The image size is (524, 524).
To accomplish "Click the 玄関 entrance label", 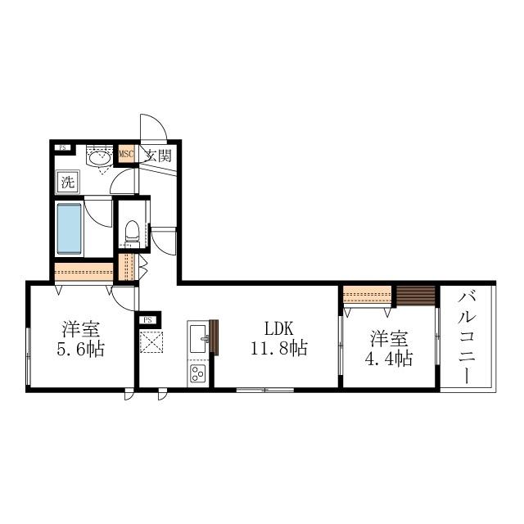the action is (x=159, y=155).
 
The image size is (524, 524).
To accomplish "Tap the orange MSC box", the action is (x=127, y=154).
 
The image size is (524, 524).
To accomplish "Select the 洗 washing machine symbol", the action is (x=68, y=182).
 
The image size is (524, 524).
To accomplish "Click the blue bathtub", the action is (x=69, y=229).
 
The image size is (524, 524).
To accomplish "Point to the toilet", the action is (x=132, y=231).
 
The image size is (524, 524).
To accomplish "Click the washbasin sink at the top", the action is (x=99, y=158).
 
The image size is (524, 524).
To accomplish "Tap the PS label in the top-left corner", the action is (x=62, y=147).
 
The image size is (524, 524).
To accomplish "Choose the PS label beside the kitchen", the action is (x=147, y=320).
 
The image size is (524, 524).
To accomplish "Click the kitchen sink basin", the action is (x=198, y=338).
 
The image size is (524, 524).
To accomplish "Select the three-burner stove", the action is (x=198, y=373).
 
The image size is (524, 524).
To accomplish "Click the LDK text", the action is (x=279, y=328).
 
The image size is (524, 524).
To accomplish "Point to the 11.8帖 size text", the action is (x=279, y=349).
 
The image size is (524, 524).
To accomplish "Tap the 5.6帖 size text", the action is (x=80, y=350).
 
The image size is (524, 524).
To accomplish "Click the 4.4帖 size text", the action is (x=388, y=359).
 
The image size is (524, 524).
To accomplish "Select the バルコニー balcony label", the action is (x=467, y=337).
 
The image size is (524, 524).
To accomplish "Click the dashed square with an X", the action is (x=151, y=342).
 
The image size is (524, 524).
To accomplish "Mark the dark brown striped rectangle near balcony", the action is (x=416, y=296).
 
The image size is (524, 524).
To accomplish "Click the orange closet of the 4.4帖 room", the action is (x=367, y=295).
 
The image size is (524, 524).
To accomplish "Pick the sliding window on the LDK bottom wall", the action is (x=265, y=390).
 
